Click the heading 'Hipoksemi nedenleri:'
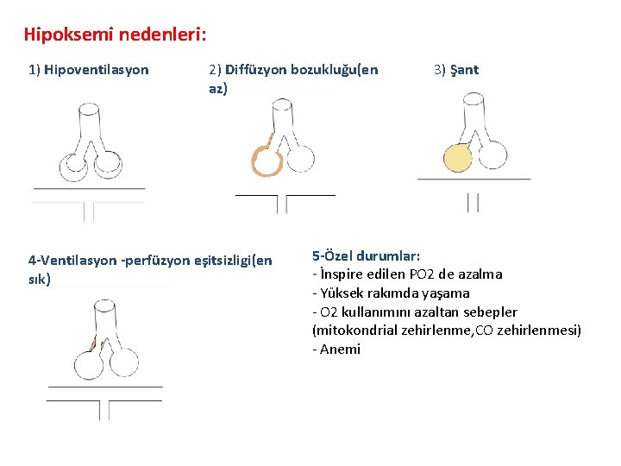coord(115,35)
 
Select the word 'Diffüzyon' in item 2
coord(255,70)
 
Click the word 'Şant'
coord(464,70)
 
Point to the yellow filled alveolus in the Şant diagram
coord(458,158)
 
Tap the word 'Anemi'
coord(341,349)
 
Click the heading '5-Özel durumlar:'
coord(367,256)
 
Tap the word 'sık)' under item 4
coord(40,280)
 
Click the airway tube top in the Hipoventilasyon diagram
coord(89,110)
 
